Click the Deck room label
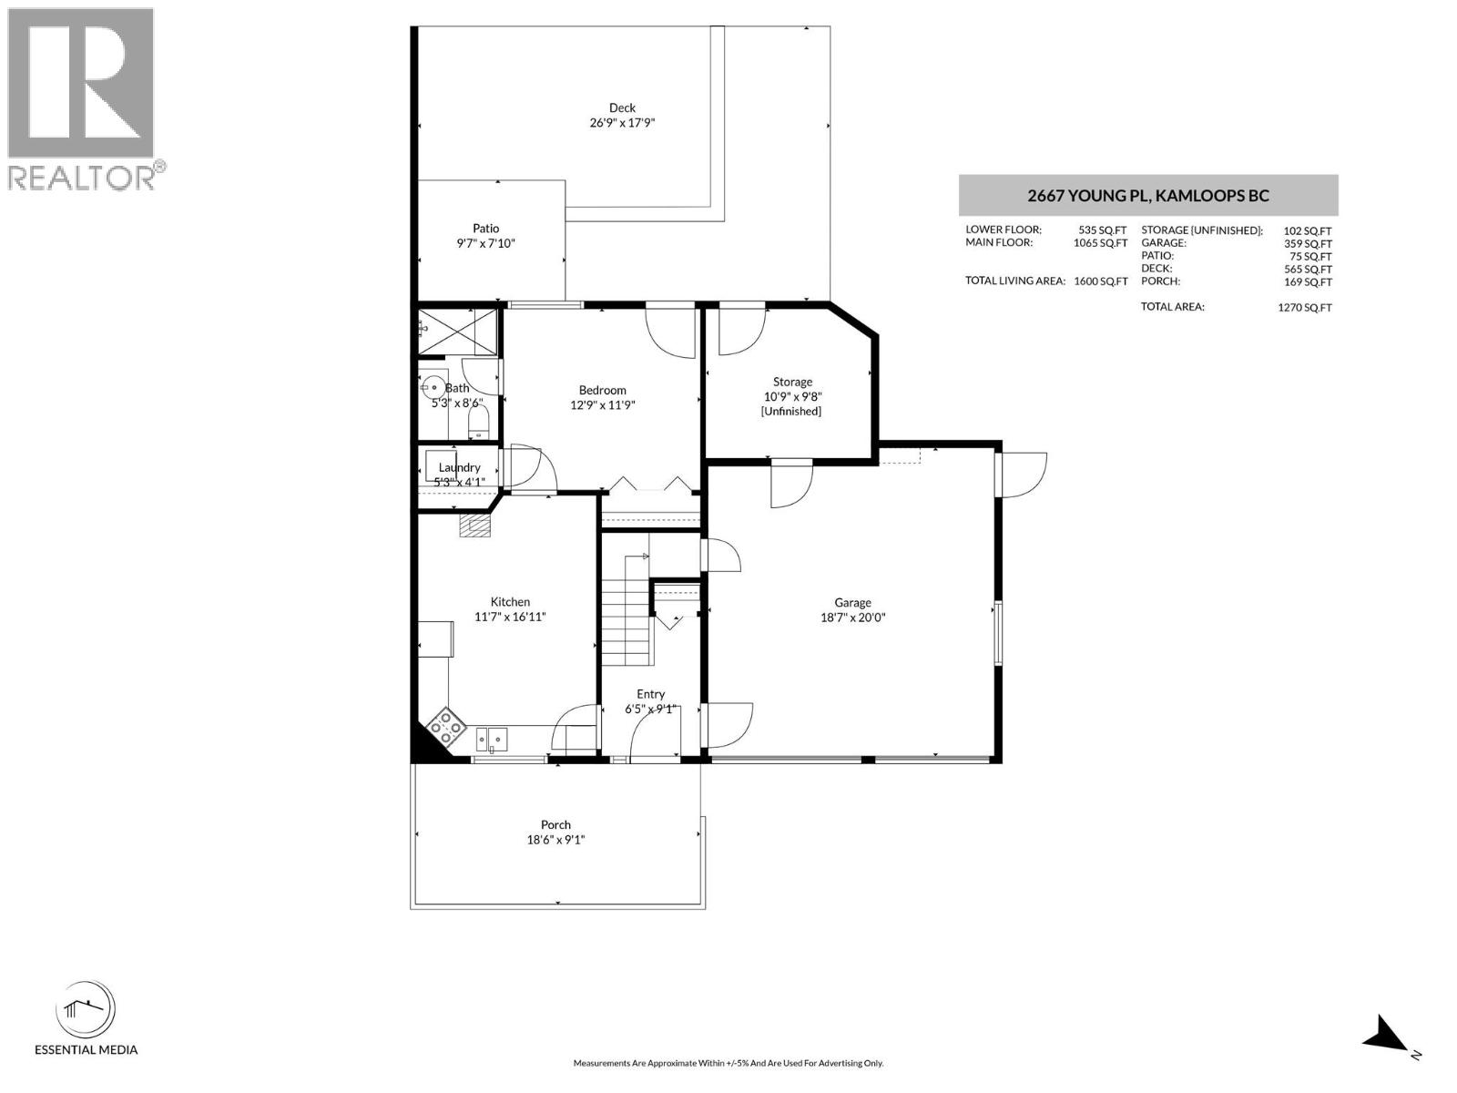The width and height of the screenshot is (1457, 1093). pyautogui.click(x=622, y=107)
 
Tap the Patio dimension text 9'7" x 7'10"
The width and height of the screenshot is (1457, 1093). pyautogui.click(x=486, y=243)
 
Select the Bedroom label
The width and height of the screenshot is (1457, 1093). pyautogui.click(x=602, y=390)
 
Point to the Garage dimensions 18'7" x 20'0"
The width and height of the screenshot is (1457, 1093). pyautogui.click(x=852, y=617)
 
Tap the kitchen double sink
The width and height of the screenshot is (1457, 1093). pyautogui.click(x=492, y=738)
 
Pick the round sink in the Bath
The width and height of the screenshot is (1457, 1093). pyautogui.click(x=433, y=387)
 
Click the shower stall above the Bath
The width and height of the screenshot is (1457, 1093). pyautogui.click(x=458, y=331)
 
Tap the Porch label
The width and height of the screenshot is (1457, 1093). pyautogui.click(x=555, y=824)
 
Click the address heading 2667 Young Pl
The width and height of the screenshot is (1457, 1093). pyautogui.click(x=1147, y=195)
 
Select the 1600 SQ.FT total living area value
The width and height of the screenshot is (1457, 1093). pyautogui.click(x=1100, y=281)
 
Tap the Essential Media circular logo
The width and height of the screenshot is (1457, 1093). pyautogui.click(x=86, y=1011)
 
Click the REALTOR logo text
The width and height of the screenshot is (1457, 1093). pyautogui.click(x=82, y=177)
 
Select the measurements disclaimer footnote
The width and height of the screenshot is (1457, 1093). pyautogui.click(x=728, y=1063)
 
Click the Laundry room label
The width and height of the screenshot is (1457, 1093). pyautogui.click(x=459, y=467)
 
